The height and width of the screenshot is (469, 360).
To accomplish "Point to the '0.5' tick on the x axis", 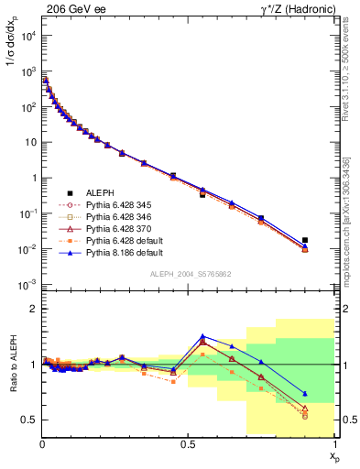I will click(189, 443).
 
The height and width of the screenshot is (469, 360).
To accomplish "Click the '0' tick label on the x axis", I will click(42, 443).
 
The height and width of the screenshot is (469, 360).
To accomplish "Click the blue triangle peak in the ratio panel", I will click(202, 336).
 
